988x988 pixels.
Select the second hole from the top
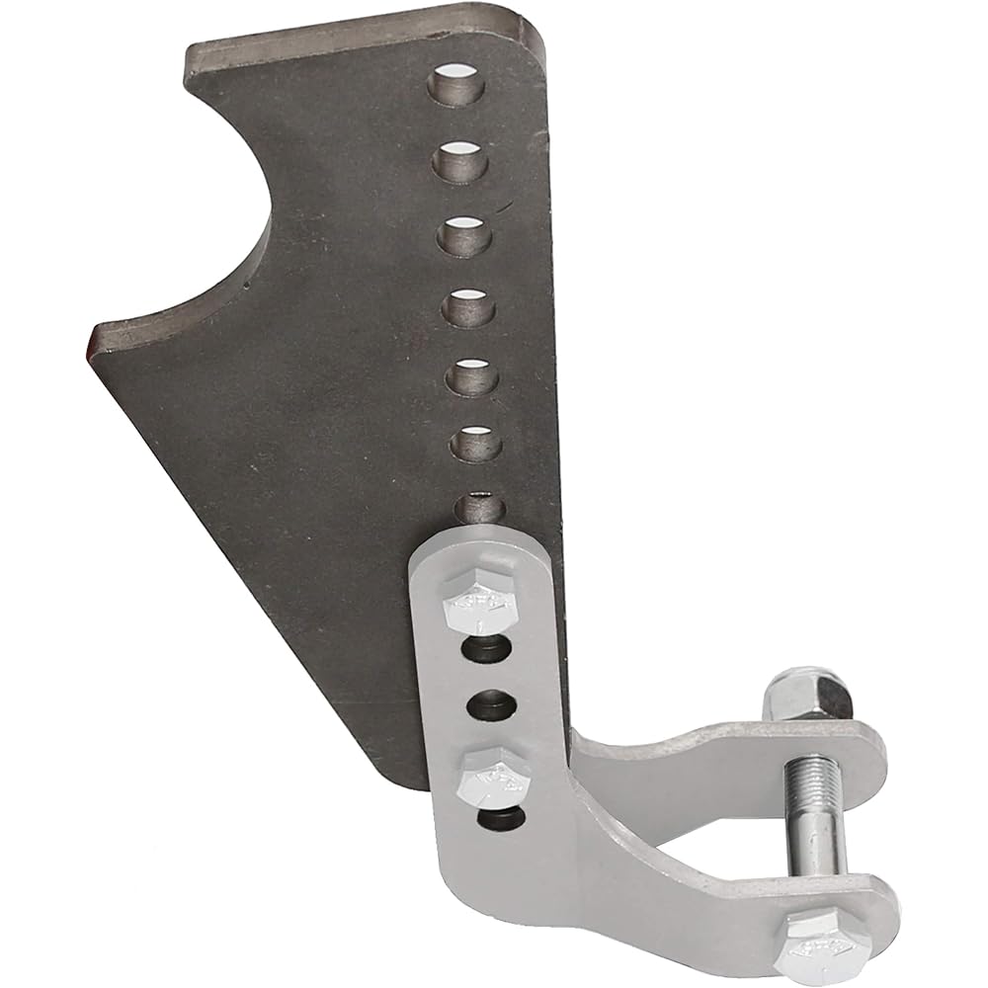[462, 159]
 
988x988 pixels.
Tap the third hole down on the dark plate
[465, 234]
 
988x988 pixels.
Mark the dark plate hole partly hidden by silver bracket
[483, 506]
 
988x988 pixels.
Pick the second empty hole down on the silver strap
[490, 705]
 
